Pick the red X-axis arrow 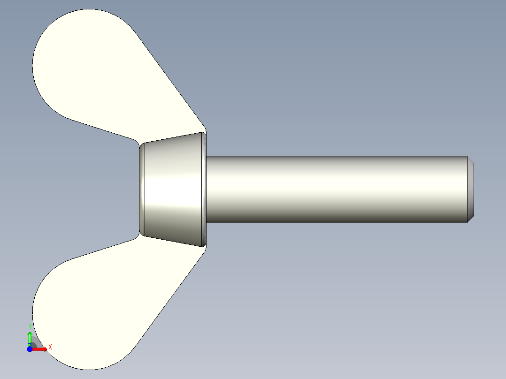[40, 349]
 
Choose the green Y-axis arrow [30, 338]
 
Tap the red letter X [50, 347]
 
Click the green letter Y [30, 326]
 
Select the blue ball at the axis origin [30, 349]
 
